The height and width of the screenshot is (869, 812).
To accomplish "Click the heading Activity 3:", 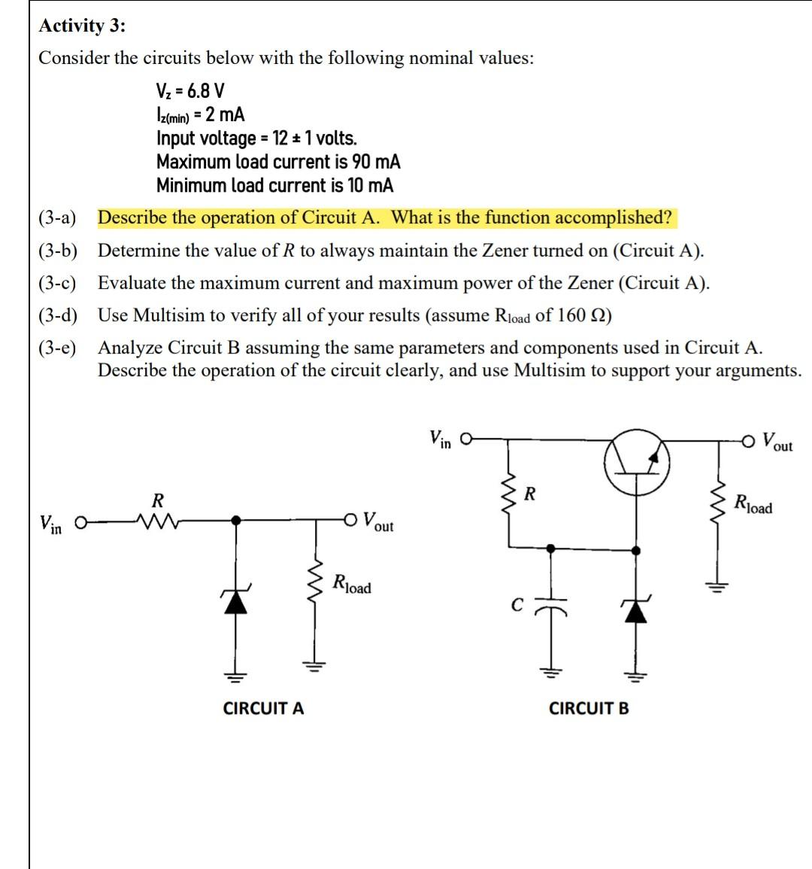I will (x=83, y=26).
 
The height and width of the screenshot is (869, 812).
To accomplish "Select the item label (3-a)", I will (x=58, y=218).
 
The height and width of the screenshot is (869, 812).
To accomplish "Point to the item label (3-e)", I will (x=58, y=348).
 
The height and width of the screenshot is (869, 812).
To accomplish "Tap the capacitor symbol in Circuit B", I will (x=552, y=607).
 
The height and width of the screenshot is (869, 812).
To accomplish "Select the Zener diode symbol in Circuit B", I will (x=637, y=609).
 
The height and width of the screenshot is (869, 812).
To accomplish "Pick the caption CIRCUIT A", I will (x=264, y=708).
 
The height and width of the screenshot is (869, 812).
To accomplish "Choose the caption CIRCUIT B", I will (x=589, y=708).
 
